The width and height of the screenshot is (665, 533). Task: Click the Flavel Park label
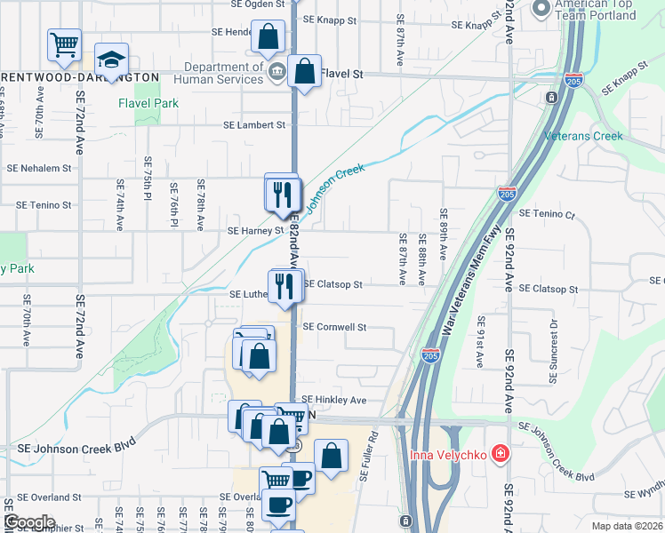(148, 103)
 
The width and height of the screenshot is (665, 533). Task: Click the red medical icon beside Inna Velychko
(501, 455)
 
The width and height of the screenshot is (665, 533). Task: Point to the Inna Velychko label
(449, 456)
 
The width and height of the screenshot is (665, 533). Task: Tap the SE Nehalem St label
(38, 168)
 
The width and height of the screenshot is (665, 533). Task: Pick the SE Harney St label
(254, 230)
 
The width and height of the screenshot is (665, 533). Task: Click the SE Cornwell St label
(334, 327)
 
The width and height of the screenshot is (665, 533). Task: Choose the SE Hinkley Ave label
(334, 401)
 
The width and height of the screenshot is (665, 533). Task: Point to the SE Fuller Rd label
(370, 457)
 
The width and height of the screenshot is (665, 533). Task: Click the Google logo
(29, 521)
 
